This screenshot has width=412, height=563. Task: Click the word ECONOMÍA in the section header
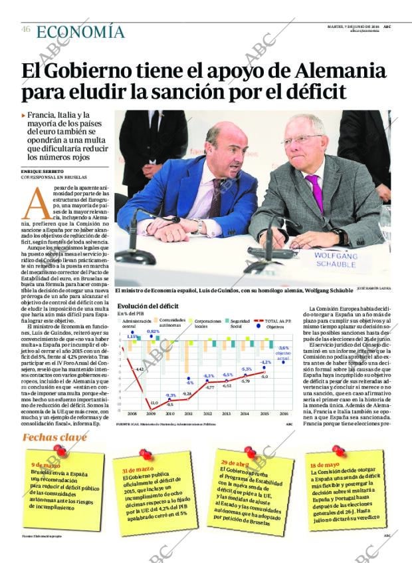80,32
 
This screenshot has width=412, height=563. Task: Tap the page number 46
25,29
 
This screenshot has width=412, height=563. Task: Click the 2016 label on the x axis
284,413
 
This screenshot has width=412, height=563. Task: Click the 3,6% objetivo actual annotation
284,353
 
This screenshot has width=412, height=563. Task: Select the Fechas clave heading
54,437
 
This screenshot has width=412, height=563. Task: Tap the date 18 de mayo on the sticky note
324,465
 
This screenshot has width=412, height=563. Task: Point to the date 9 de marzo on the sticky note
46,465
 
